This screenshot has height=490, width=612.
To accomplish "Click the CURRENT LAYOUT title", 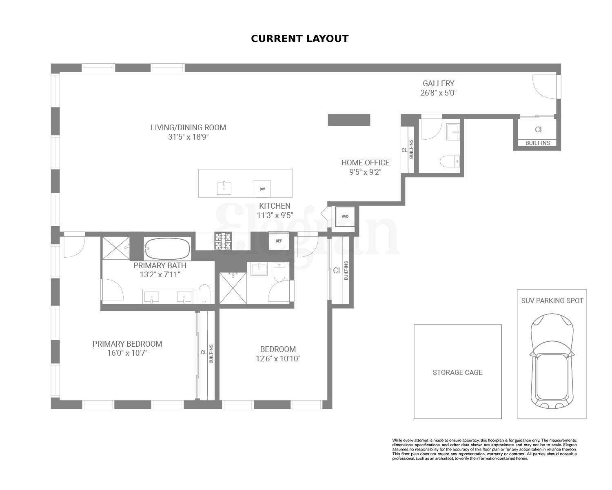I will [x=299, y=39].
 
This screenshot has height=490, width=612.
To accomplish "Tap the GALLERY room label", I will [x=438, y=83].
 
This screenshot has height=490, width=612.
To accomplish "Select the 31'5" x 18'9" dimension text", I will [x=188, y=137].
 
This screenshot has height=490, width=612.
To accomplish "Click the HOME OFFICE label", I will [x=365, y=163].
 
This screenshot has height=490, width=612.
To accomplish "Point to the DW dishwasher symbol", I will [x=262, y=189].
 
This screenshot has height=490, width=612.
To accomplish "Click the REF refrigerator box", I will [x=279, y=241].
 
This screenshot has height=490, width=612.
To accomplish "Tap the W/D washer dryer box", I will [x=345, y=216].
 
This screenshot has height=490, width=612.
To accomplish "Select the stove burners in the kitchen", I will [x=224, y=241].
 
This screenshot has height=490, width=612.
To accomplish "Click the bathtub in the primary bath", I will [x=168, y=249].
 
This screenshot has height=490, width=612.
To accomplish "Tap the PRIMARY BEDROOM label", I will [x=127, y=344].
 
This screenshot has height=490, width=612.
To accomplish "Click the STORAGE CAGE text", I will [x=457, y=372].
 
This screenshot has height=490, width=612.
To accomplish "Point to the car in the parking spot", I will [x=552, y=361].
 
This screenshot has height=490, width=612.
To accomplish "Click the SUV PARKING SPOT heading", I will [x=552, y=301].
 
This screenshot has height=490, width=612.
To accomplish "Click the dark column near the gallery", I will [x=349, y=120].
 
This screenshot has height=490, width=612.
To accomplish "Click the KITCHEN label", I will [x=275, y=206].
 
